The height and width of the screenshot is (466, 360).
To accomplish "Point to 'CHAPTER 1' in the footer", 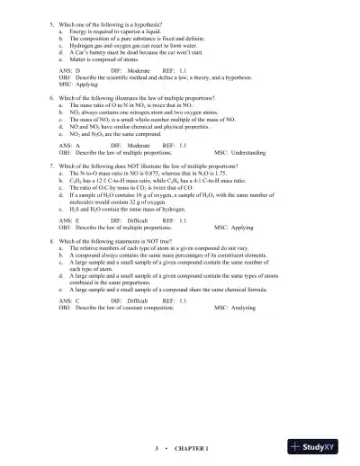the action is tap(192, 447).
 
